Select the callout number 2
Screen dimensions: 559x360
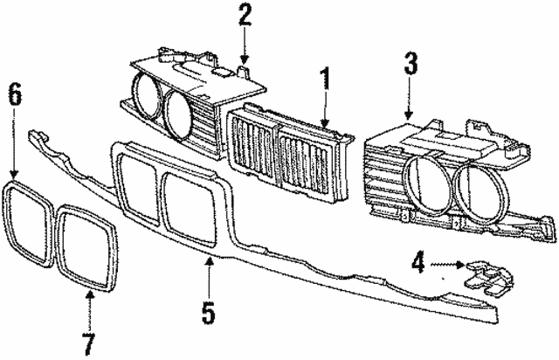click(245, 15)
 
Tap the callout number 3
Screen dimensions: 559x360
click(410, 65)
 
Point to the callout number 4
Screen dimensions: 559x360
click(418, 264)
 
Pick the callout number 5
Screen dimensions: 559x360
click(209, 313)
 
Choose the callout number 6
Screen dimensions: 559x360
click(14, 93)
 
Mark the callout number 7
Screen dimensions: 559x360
click(88, 344)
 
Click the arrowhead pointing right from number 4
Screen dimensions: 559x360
click(460, 265)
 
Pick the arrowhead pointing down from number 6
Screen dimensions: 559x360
click(14, 175)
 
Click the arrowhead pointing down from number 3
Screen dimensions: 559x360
click(409, 114)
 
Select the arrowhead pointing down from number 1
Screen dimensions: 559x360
click(324, 123)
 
